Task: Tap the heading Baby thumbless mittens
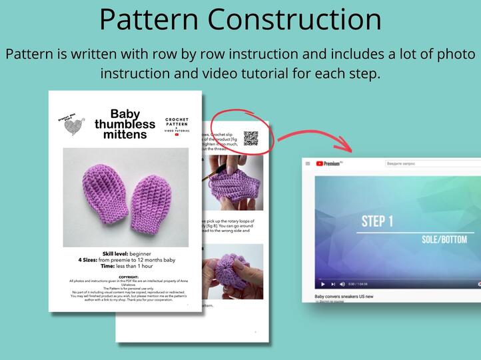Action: point(125,124)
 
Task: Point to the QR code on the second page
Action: point(250,138)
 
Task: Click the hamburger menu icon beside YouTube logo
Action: point(307,163)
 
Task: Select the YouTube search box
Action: point(426,163)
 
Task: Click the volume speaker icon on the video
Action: point(342,284)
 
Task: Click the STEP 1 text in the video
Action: point(378,221)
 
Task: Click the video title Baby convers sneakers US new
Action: point(344,296)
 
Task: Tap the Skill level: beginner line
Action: point(127,254)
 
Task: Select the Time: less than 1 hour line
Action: point(127,265)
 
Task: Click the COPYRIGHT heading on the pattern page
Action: point(128,276)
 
